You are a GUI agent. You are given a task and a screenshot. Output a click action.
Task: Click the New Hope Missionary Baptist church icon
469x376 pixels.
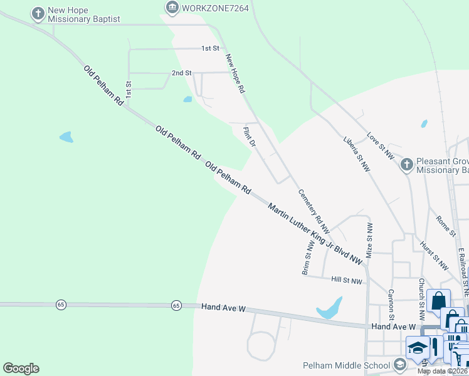pyautogui.click(x=39, y=13)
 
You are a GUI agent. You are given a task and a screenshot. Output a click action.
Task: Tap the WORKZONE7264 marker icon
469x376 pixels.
pyautogui.click(x=172, y=8)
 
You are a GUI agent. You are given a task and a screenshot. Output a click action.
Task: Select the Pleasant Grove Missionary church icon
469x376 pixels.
pyautogui.click(x=407, y=165)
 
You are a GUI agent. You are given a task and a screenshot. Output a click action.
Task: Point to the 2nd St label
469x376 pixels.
pyautogui.click(x=181, y=73)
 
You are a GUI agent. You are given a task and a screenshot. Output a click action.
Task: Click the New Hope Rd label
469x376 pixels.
pyautogui.click(x=234, y=73)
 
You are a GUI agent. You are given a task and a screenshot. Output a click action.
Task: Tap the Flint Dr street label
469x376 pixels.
pyautogui.click(x=250, y=136)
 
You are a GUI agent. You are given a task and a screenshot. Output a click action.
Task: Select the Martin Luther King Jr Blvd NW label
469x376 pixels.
pyautogui.click(x=315, y=232)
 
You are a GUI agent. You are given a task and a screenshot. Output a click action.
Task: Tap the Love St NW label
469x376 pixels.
pyautogui.click(x=381, y=145)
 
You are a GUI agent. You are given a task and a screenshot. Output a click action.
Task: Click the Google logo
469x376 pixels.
pyautogui.click(x=21, y=368)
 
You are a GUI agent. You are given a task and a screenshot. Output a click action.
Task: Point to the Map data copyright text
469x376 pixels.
pyautogui.click(x=443, y=371)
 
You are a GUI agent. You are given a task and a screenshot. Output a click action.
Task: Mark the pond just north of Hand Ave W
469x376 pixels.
pyautogui.click(x=330, y=308)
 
